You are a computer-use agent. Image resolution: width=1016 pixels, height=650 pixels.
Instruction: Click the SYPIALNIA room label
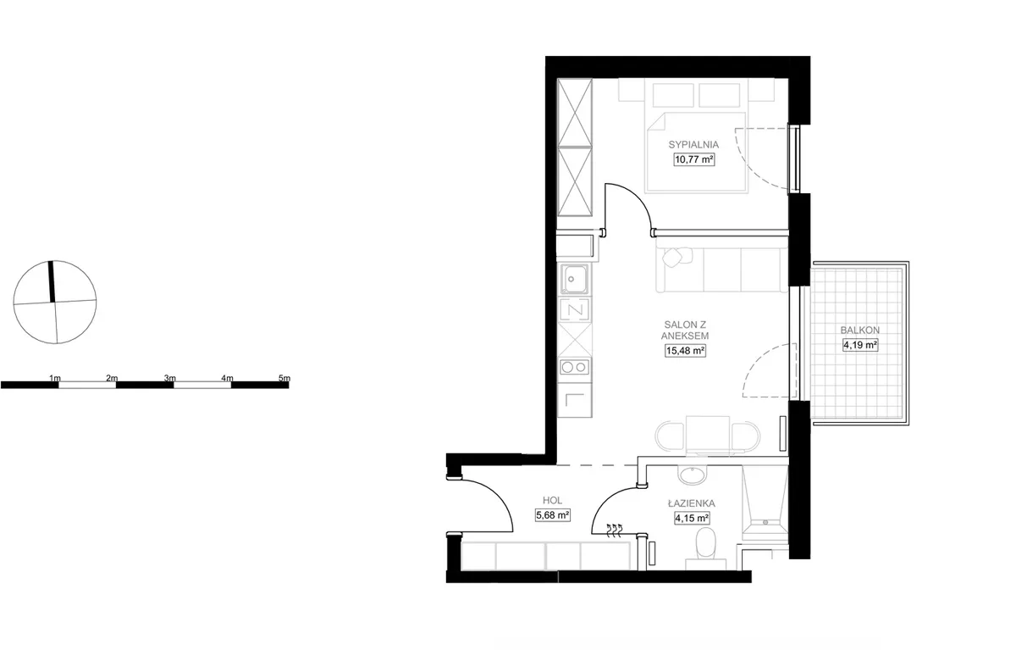tap(693, 145)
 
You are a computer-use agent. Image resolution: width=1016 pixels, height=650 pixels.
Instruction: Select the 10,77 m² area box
tap(694, 159)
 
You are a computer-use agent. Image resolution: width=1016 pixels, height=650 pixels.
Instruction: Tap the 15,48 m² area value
tap(685, 350)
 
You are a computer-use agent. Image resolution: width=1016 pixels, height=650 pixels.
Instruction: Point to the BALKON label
tap(860, 330)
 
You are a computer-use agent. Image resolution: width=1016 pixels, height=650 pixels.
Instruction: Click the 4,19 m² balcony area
tap(860, 345)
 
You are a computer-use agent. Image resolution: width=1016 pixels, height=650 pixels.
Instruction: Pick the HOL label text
tap(552, 500)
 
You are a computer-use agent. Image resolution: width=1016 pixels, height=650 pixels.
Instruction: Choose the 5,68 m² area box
tap(552, 515)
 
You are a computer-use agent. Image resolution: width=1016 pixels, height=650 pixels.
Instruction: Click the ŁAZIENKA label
tap(691, 503)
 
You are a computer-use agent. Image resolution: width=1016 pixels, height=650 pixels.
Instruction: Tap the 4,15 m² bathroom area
tap(692, 518)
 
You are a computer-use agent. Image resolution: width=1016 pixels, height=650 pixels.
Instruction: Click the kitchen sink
tap(575, 279)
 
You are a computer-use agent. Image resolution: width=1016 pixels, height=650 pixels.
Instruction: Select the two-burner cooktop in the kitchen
tap(575, 367)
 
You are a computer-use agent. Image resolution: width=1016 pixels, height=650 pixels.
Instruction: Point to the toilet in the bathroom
tap(706, 547)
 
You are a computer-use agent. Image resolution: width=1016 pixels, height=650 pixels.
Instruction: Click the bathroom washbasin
tap(693, 475)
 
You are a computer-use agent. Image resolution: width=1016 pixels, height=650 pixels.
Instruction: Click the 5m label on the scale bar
tap(284, 378)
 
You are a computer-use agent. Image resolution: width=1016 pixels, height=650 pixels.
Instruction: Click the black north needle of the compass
tap(52, 281)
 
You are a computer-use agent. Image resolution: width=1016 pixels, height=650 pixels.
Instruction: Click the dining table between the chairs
tap(707, 435)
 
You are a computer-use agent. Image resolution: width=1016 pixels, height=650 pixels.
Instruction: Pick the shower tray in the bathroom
tap(765, 503)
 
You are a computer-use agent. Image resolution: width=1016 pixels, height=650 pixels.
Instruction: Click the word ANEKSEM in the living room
tap(685, 336)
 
